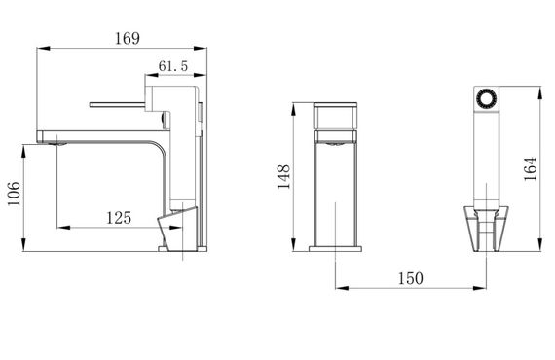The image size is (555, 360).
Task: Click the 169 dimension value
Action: coord(128,38)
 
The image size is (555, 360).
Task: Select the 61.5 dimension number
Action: coord(172,66)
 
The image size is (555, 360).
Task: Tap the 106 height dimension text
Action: coord(15,194)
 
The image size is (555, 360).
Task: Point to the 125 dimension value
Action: coord(119,218)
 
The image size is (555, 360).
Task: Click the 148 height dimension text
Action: coord(283,177)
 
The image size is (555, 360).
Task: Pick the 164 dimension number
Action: coord(531,168)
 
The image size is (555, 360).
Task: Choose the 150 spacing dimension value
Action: coord(411,278)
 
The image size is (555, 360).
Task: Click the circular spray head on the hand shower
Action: coord(486,98)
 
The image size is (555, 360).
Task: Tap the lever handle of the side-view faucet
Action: coord(118,104)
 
